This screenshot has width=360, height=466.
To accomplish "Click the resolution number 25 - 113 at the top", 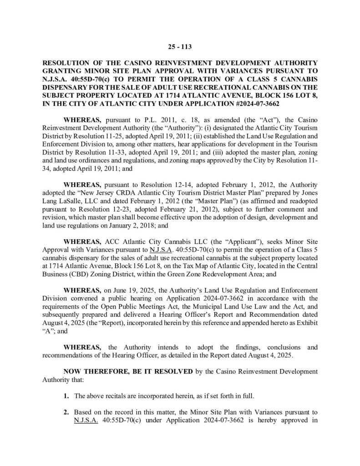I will (x=180, y=45).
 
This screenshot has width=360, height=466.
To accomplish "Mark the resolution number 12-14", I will (x=178, y=186).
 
